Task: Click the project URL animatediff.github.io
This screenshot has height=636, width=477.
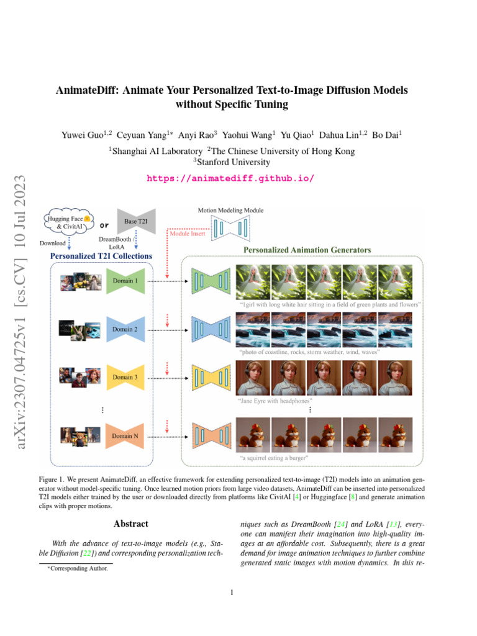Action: [230, 178]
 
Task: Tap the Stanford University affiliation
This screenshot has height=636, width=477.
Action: [233, 163]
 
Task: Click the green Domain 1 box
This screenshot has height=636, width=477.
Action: [125, 281]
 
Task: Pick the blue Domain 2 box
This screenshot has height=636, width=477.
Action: [125, 329]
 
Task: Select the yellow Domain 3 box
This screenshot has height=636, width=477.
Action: [125, 377]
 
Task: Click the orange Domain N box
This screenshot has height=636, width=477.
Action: [125, 436]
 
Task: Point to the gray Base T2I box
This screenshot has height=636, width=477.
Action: [135, 222]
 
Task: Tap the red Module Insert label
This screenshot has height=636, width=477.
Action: [188, 234]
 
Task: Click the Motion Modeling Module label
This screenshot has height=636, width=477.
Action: [230, 211]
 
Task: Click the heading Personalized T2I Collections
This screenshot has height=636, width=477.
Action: [101, 255]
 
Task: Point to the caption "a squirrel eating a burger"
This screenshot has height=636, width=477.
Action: [274, 458]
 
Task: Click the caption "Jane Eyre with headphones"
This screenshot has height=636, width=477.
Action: [276, 401]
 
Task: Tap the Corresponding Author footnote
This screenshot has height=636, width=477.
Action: [78, 568]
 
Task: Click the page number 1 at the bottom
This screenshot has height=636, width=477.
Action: [231, 593]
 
